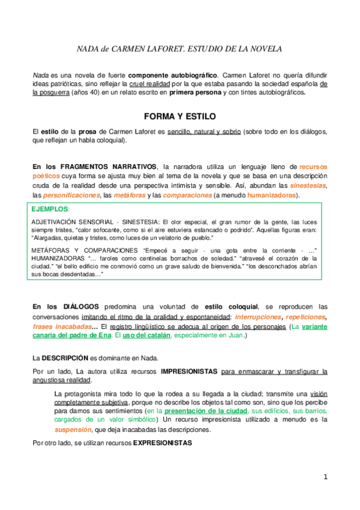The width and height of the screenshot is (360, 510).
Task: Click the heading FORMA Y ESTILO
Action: [180, 115]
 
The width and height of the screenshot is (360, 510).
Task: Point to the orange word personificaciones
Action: [72, 195]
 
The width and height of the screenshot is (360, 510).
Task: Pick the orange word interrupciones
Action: [258, 316]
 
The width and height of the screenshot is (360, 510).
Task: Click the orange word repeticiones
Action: [306, 316]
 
